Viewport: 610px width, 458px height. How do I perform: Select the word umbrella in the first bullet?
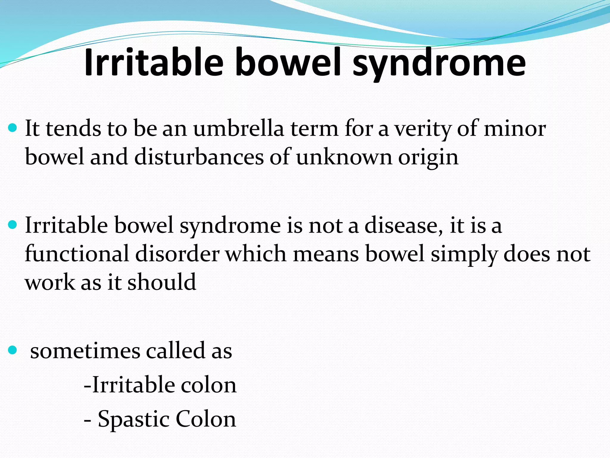click(239, 129)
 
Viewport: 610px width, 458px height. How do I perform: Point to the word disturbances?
click(199, 157)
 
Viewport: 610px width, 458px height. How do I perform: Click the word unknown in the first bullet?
click(344, 157)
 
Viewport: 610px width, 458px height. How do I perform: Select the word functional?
click(77, 254)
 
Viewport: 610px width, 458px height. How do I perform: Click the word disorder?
click(177, 254)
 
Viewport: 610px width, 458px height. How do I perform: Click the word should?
click(162, 282)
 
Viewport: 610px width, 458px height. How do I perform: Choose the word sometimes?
click(85, 351)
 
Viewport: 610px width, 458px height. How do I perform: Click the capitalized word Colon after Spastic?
click(206, 419)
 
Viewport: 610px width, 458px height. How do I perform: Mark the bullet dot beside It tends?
click(12, 129)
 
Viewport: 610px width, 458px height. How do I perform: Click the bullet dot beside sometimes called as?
click(12, 350)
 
